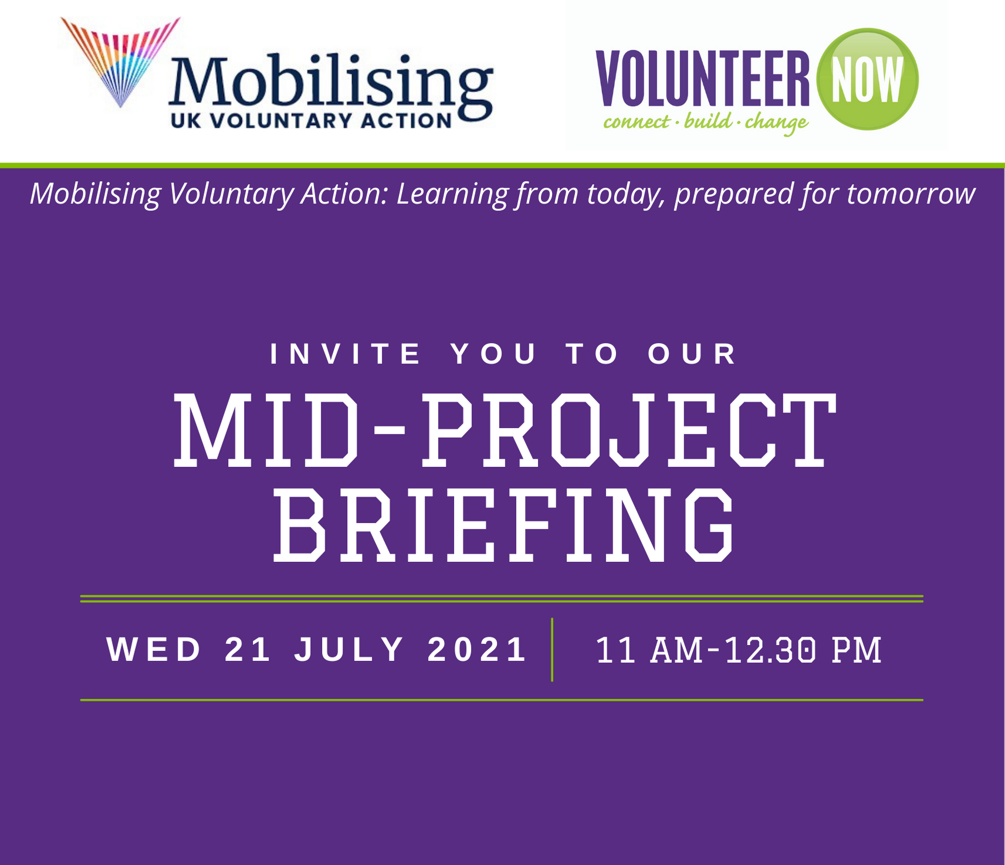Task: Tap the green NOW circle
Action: tap(867, 79)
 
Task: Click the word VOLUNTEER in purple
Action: tap(702, 79)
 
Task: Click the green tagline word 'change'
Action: tap(776, 123)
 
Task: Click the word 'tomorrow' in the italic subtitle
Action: tap(911, 194)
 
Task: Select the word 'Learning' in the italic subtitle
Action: tap(453, 195)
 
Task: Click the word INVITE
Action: tap(346, 354)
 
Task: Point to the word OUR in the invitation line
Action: tap(692, 354)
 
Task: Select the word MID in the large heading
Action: tap(266, 430)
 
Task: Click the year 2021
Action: tap(477, 650)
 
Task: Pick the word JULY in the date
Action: tap(349, 650)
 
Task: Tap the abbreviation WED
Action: tap(154, 650)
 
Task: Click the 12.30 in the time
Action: tap(770, 650)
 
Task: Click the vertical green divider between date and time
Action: tap(552, 649)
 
